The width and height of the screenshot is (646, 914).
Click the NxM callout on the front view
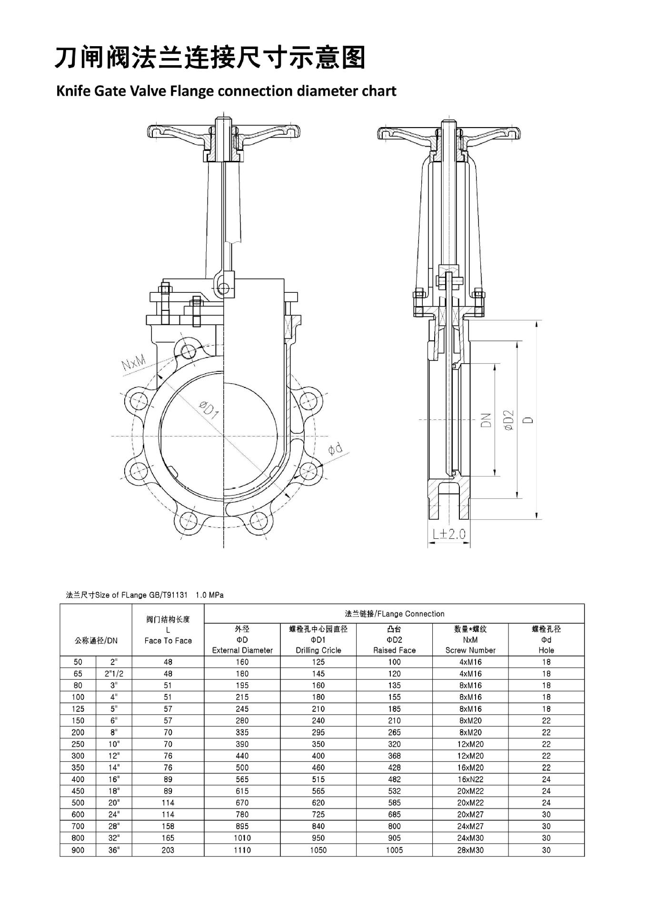134,365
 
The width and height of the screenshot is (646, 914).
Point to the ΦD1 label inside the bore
208,410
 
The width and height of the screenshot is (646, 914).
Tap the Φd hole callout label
336,448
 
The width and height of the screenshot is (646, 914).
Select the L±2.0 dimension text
448,534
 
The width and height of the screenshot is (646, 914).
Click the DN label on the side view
486,420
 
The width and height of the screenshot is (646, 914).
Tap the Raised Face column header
394,650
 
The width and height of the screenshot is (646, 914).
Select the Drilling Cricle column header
318,650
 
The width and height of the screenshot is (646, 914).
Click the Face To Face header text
168,641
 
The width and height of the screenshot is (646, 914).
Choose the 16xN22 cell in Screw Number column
470,779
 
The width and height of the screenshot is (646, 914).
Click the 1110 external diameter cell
242,850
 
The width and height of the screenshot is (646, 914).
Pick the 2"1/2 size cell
114,674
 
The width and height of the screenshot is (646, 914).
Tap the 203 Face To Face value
168,850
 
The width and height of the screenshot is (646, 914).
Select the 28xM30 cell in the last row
470,850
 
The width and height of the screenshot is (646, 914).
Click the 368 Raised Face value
394,756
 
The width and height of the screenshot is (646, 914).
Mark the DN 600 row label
78,815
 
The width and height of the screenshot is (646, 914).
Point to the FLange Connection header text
394,614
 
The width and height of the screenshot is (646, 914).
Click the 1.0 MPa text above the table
209,595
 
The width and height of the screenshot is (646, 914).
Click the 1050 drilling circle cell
318,850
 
